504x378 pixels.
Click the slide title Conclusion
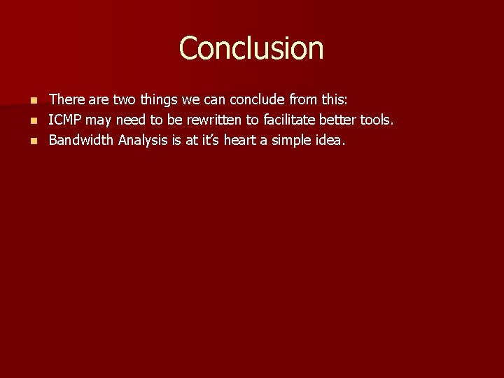pyautogui.click(x=251, y=48)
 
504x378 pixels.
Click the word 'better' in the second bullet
pyautogui.click(x=335, y=120)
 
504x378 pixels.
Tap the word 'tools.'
pyautogui.click(x=377, y=120)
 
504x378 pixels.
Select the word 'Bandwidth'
pyautogui.click(x=80, y=140)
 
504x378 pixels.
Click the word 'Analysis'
pyautogui.click(x=142, y=140)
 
